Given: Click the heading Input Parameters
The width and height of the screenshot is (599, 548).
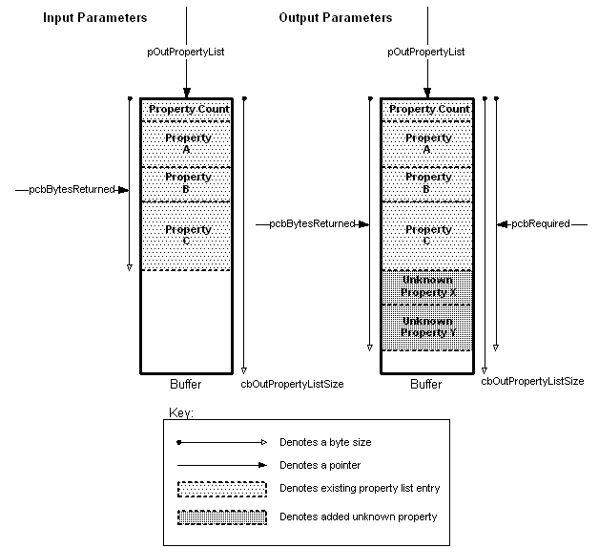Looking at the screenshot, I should tap(93, 18).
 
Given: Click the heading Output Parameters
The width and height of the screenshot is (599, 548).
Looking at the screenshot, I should tap(335, 18).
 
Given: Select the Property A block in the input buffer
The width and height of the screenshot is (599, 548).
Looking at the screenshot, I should tap(188, 143).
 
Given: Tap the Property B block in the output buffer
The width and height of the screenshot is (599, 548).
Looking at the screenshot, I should tap(428, 182).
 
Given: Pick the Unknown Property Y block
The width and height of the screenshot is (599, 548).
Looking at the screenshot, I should tap(428, 327).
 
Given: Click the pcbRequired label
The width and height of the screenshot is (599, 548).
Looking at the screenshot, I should tap(541, 223).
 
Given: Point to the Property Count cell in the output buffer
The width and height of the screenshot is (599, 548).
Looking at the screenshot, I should tap(428, 109).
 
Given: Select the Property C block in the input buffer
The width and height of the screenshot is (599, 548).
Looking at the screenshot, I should tap(188, 235).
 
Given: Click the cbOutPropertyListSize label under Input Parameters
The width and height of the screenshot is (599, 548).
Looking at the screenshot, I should tap(292, 383).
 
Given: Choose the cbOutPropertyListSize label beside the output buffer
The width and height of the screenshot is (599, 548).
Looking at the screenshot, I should tap(532, 381).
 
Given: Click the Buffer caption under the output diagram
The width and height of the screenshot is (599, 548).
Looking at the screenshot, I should tap(426, 384).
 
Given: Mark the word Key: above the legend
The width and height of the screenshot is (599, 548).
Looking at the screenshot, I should tap(180, 412).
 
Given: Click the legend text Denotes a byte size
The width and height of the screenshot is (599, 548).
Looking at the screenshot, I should tap(325, 442).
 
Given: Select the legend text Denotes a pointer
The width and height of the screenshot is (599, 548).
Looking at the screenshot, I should tap(320, 465).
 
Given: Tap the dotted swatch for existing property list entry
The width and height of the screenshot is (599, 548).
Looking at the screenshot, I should tap(221, 489).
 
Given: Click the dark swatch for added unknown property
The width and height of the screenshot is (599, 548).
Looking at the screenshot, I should tap(221, 516).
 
